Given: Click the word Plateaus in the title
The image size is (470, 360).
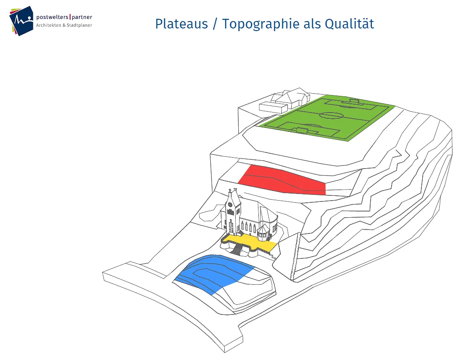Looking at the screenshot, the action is coord(181,24).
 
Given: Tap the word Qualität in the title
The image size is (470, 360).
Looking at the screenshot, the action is coord(350,24).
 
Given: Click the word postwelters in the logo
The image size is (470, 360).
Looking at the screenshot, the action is coord(52,18).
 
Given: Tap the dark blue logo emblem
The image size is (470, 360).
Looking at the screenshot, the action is coord(21,21).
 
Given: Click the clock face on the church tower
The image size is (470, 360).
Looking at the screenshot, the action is coord(230,205).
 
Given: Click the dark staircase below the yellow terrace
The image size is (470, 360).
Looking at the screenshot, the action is coord(237,250).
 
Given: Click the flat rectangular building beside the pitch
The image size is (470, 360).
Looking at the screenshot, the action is coord(273,107).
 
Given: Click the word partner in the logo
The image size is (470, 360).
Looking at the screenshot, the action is coord(82,18).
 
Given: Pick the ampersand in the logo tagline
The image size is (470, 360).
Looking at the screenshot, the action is coord(64,25).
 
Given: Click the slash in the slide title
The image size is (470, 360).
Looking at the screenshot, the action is coord(215,24).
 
